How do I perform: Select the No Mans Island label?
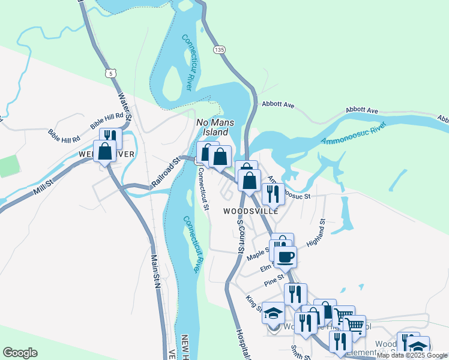[x=213, y=127]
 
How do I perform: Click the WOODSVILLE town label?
[x=251, y=211]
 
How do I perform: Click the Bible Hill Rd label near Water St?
[x=107, y=120]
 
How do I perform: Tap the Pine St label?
[x=273, y=280]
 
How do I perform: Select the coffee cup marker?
[x=286, y=257]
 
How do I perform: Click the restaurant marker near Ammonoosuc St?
[x=273, y=194]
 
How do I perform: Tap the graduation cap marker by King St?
[x=273, y=313]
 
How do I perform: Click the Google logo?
[x=20, y=353]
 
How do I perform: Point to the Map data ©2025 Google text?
[x=412, y=355]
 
